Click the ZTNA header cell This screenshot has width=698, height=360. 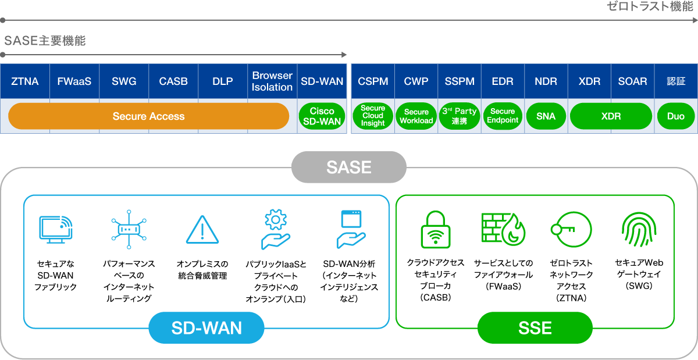click(25, 81)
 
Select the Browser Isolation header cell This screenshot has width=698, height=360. click(272, 81)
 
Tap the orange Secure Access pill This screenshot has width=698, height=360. click(148, 116)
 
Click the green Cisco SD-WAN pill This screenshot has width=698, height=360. click(322, 116)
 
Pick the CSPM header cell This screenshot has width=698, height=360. click(373, 81)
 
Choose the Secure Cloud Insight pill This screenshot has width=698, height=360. click(373, 116)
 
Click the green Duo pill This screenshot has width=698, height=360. click(675, 116)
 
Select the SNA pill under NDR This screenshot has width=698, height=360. click(546, 116)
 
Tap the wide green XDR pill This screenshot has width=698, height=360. click(611, 116)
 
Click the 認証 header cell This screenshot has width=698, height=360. click(676, 81)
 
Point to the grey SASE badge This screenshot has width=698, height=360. click(349, 167)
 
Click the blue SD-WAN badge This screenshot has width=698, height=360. click(206, 328)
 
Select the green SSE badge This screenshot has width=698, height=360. click(535, 328)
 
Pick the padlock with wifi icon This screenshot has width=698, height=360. click(436, 230)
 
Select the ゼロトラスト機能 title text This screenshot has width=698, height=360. click(650, 7)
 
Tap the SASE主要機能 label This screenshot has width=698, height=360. click(45, 41)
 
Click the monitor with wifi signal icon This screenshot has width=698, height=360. click(56, 230)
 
